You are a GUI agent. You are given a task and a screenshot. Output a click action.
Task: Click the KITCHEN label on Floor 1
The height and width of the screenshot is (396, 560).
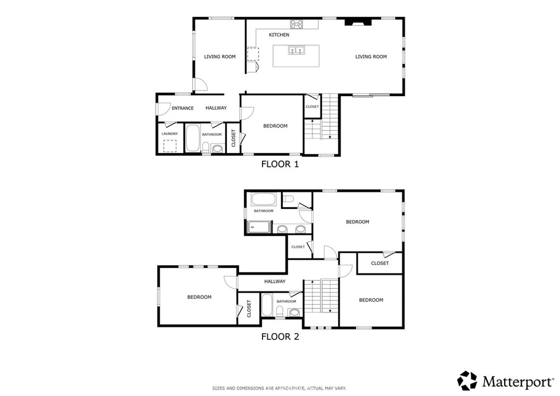click(x=279, y=34)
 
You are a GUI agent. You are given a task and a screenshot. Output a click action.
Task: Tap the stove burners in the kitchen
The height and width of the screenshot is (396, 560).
click(x=296, y=24)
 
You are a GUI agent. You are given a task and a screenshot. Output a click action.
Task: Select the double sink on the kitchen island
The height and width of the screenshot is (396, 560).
click(x=296, y=50)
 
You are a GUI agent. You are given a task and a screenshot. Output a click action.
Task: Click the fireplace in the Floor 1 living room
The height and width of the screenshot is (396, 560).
click(x=358, y=22)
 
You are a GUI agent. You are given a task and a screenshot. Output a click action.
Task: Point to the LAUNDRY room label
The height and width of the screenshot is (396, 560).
click(x=170, y=134)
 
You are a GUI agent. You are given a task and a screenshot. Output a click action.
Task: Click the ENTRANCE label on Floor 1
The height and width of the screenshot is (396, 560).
click(x=183, y=108)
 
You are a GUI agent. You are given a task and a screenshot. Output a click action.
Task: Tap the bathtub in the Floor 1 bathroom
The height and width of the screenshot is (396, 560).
click(x=193, y=138)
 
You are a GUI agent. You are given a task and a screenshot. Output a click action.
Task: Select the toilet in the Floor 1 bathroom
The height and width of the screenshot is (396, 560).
click(x=206, y=148)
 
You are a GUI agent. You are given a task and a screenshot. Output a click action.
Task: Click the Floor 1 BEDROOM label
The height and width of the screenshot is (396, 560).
click(x=276, y=126)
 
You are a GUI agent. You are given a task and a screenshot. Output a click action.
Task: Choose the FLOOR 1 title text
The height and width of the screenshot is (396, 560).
click(x=280, y=164)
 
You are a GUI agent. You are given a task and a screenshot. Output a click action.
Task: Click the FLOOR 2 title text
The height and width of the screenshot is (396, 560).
click(x=280, y=337)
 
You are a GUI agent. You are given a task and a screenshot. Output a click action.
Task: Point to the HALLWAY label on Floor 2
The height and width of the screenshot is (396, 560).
click(x=275, y=281)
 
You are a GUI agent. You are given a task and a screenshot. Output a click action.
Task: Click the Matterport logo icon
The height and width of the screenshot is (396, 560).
click(x=467, y=381)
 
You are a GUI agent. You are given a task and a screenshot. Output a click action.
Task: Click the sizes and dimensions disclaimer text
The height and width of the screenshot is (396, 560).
click(x=279, y=388)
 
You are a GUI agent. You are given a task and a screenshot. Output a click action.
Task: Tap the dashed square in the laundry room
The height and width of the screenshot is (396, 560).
click(x=171, y=145)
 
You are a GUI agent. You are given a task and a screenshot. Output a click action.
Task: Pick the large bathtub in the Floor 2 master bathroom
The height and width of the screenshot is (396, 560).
click(x=264, y=199)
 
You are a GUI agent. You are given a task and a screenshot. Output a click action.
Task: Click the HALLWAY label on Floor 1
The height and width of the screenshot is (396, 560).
click(x=216, y=108)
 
